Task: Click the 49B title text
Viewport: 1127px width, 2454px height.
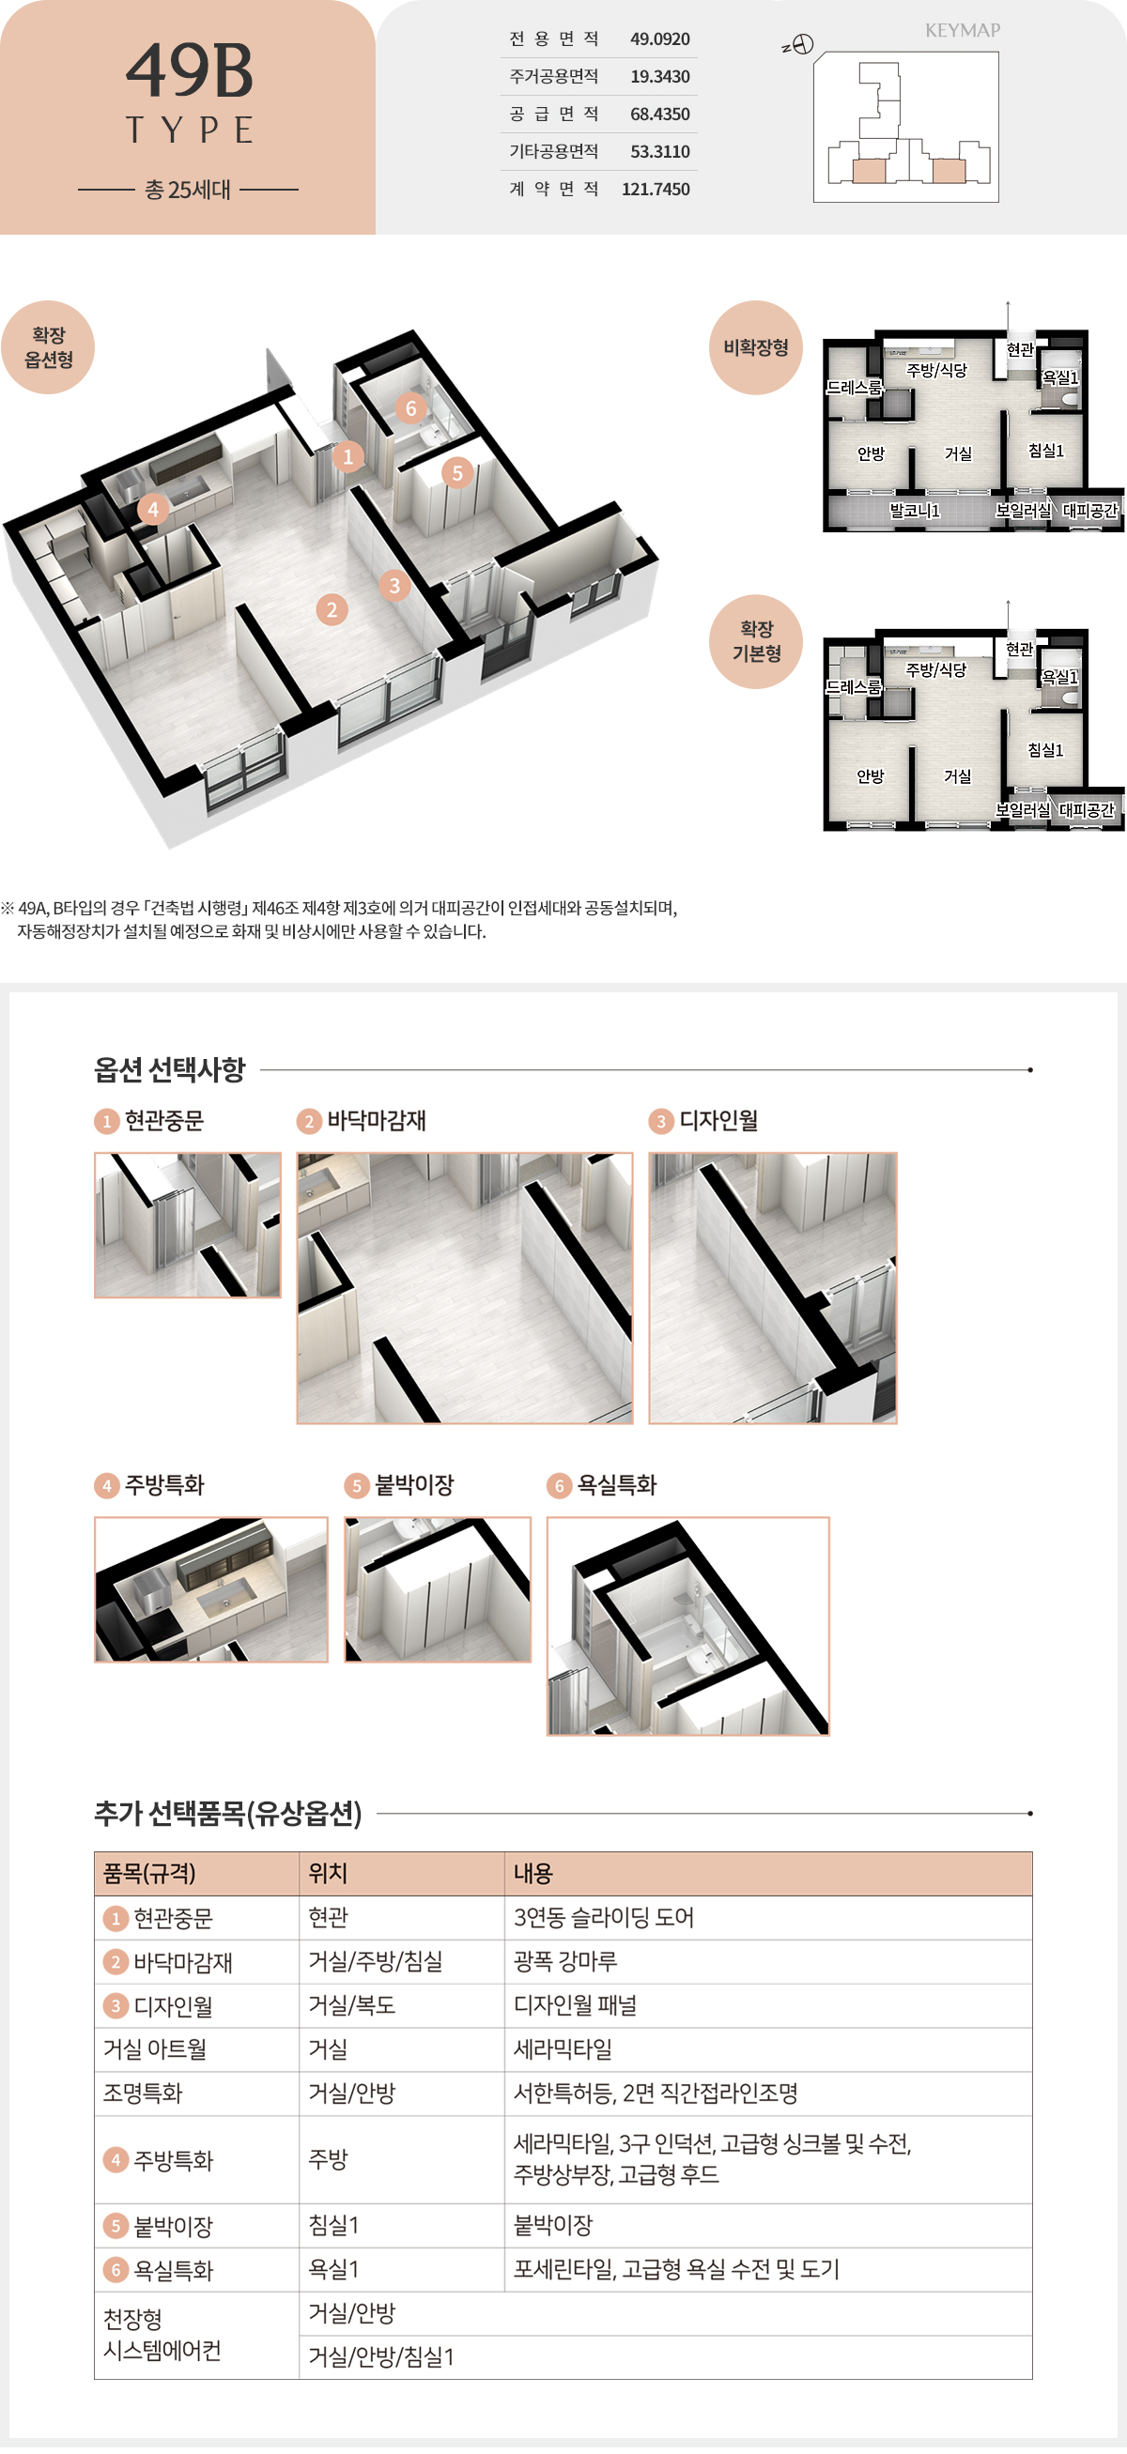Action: [189, 71]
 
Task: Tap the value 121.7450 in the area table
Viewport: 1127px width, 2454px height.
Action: [656, 189]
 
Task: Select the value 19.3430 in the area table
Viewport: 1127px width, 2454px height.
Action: [659, 76]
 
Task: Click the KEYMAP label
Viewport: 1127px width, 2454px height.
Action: [963, 30]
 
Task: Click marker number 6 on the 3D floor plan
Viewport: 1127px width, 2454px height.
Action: [410, 408]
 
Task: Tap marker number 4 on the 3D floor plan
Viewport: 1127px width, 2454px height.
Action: [152, 509]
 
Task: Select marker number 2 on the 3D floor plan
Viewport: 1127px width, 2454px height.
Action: [332, 609]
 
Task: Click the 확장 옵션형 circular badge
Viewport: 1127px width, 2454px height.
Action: [49, 346]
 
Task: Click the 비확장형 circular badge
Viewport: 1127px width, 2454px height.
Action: [755, 347]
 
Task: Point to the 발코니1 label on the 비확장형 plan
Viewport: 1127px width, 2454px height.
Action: [915, 511]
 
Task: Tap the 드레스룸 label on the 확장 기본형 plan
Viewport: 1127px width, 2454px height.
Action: [854, 687]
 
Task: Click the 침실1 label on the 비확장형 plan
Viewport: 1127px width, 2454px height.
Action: [1046, 451]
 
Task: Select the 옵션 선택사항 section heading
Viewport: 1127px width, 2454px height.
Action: [170, 1070]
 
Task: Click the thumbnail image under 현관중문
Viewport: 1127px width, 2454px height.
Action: [188, 1225]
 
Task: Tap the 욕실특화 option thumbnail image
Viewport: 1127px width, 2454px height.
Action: [687, 1625]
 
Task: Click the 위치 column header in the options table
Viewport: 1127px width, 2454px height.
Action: [328, 1873]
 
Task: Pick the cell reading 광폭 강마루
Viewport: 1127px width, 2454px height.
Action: [565, 1960]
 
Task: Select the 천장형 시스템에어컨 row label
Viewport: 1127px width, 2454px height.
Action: [162, 2334]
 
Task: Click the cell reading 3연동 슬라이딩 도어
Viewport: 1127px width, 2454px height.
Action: [603, 1917]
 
